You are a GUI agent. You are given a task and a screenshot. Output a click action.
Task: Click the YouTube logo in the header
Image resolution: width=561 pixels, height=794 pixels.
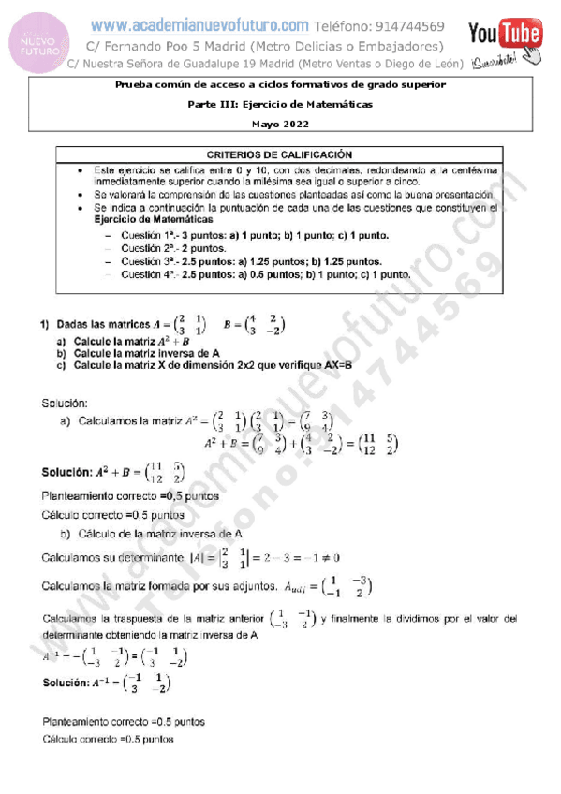point(506,36)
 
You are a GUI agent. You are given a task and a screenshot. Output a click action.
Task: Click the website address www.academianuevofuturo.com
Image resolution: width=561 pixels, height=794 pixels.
point(200,25)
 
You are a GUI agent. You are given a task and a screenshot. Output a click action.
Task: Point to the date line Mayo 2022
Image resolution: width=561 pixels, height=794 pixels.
point(279,124)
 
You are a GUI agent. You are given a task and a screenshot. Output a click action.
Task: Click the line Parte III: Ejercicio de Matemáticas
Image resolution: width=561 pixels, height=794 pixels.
point(279,104)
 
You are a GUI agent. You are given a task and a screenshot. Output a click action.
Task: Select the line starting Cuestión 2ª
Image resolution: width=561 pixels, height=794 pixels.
point(175,248)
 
